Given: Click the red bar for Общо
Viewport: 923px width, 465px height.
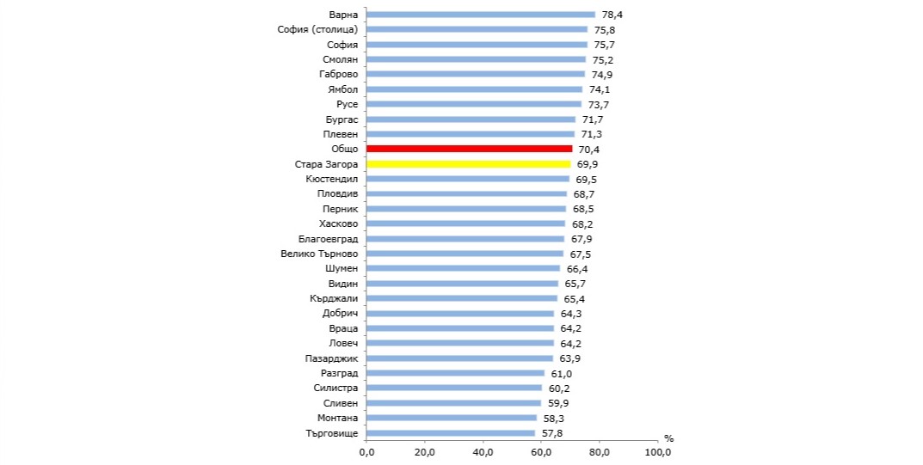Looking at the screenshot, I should coord(469,150).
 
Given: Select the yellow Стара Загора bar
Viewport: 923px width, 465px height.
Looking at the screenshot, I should coord(468,164).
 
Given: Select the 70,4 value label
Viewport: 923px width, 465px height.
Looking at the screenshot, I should coord(588,150).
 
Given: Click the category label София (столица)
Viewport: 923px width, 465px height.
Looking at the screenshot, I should coord(318,30).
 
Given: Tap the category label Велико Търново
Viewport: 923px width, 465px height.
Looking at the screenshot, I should coord(319,254).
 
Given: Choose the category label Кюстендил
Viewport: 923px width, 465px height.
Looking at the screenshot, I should coord(332,179).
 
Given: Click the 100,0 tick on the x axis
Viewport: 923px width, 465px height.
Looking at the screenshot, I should coord(658,452).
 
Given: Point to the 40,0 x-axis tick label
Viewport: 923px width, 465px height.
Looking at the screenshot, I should coord(483,452).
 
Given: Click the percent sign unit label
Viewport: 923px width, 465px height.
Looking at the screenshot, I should coord(668,439).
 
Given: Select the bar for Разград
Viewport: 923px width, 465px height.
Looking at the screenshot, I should coord(455,373).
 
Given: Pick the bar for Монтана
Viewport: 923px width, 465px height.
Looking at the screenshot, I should coord(451,419).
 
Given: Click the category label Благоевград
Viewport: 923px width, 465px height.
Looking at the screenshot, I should coord(328,239).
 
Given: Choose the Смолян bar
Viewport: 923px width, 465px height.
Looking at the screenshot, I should coord(476,59).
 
